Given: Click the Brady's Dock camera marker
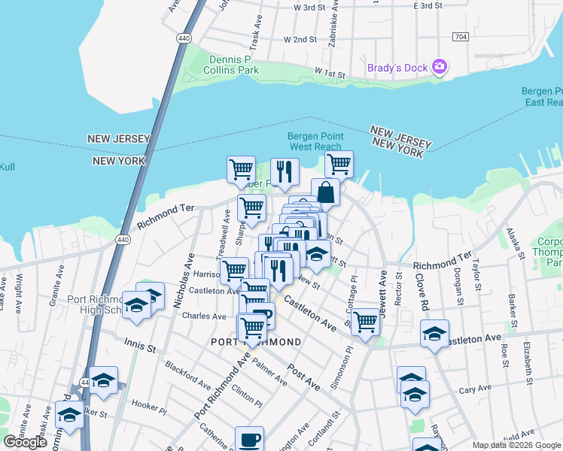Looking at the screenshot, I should [x=440, y=68].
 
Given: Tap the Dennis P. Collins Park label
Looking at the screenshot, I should [x=231, y=65].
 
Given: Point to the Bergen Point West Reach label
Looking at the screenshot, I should [x=315, y=141].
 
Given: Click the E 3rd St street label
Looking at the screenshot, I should [x=428, y=6].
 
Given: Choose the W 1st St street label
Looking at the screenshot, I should [x=329, y=74].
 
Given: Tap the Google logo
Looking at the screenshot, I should [x=25, y=442].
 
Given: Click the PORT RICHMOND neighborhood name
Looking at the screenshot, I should [x=257, y=342].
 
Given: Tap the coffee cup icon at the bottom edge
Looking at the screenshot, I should [x=249, y=438].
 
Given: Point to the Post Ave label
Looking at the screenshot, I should [x=304, y=380].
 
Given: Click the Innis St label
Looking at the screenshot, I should [x=139, y=347].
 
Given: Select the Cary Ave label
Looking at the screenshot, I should [x=475, y=389].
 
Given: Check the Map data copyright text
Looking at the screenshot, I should [x=516, y=445].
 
